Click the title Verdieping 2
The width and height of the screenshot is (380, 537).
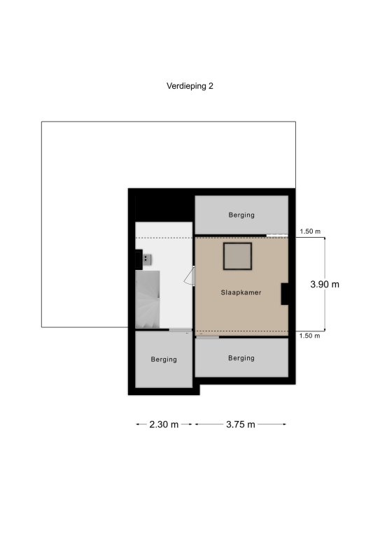coord(190,86)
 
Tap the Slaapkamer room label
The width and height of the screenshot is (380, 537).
coord(241,292)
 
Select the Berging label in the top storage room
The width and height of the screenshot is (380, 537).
coord(241,215)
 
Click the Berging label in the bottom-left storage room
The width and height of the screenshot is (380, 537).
coord(164,359)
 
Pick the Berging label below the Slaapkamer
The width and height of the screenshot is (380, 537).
coord(241,358)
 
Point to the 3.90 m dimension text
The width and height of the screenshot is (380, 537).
coord(325,285)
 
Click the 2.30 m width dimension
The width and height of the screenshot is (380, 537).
coord(164,424)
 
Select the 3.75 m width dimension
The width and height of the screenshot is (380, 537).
coord(241,424)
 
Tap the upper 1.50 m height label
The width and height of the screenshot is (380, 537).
coord(310,231)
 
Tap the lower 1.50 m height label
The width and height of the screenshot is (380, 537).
coord(310,336)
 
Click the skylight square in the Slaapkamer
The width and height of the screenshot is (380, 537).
coord(238,256)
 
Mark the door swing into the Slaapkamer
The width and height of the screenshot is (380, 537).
coord(190,276)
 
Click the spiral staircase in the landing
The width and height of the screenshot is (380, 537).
coord(148,299)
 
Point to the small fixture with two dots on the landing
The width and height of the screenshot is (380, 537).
coord(148,259)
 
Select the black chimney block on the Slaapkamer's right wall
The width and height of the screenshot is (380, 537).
coord(285,294)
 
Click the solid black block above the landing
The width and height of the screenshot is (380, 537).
coord(164,208)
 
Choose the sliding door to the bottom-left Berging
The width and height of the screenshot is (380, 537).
coord(181,330)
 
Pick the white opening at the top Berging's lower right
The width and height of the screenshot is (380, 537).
coord(277,235)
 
